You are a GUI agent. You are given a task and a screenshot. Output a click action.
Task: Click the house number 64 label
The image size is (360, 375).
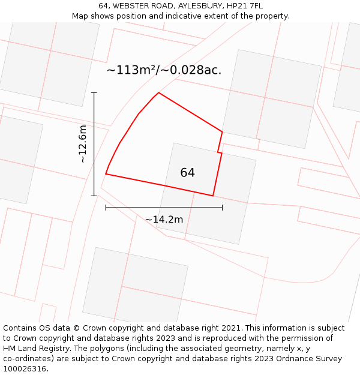187,173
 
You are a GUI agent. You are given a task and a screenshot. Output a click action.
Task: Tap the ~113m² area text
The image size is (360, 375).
131,70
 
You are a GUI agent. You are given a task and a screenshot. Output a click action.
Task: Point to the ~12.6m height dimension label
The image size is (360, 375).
83,144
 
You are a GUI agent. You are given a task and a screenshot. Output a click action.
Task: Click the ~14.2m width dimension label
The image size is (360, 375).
164,220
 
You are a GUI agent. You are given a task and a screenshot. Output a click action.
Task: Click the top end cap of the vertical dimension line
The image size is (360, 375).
94,93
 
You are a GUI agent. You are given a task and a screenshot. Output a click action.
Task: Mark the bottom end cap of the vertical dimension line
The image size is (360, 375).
94,196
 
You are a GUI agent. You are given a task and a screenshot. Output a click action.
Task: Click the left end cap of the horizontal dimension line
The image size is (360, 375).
106,208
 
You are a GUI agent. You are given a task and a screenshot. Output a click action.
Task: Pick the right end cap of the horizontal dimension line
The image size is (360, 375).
222,208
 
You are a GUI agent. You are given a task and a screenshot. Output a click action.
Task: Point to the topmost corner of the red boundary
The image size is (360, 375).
158,93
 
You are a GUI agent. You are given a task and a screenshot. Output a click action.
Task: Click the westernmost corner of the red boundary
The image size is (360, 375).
106,174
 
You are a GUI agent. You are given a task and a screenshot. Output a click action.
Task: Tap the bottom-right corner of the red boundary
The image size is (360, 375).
213,196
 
